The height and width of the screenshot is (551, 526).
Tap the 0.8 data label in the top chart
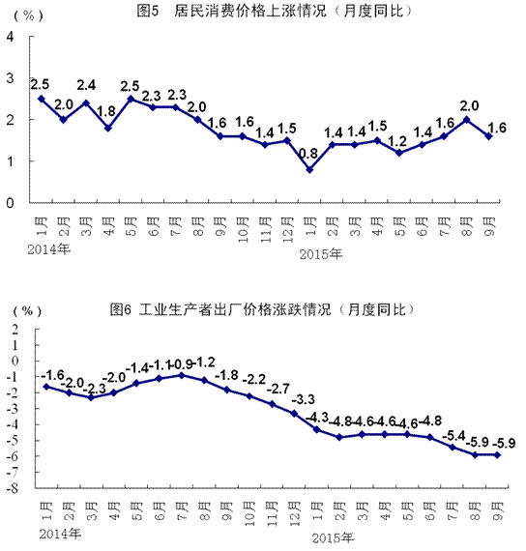[x=309, y=152]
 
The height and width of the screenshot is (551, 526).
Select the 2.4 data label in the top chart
[x=86, y=84]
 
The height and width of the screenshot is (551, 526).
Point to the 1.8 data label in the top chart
[x=108, y=110]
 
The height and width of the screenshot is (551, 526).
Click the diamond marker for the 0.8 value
[x=309, y=169]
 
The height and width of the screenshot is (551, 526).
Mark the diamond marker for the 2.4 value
[x=86, y=102]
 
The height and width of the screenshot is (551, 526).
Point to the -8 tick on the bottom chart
[x=14, y=488]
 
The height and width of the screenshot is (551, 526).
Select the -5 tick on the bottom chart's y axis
[x=14, y=440]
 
